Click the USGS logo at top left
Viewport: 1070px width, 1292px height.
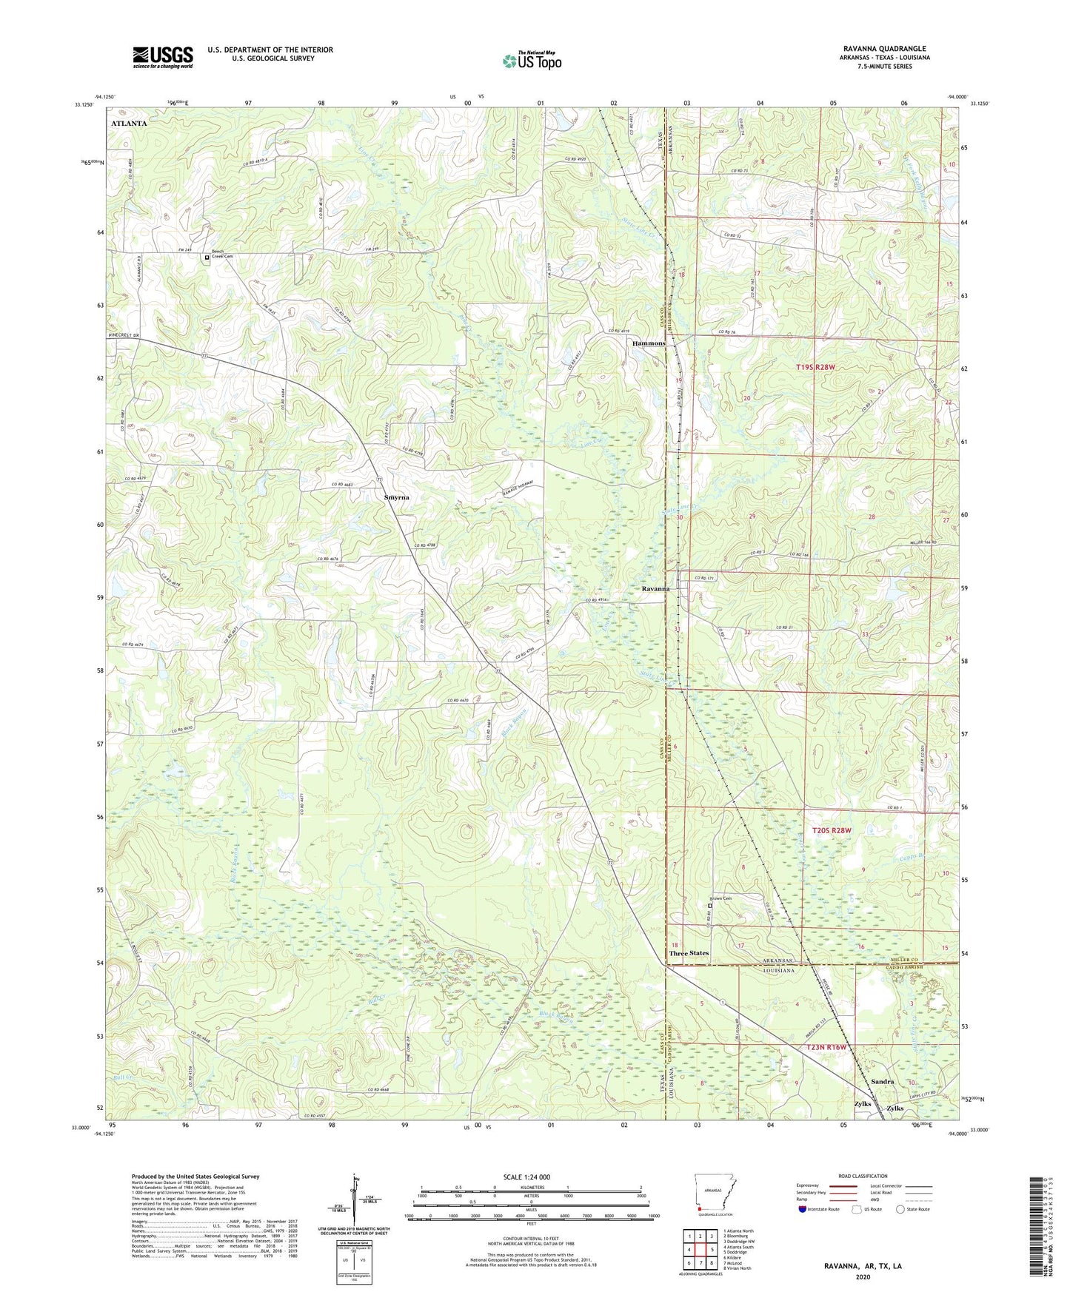pyautogui.click(x=163, y=57)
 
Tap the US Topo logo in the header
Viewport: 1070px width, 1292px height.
pyautogui.click(x=532, y=61)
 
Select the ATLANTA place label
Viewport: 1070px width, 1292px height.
pyautogui.click(x=129, y=124)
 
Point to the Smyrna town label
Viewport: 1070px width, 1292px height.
pyautogui.click(x=396, y=497)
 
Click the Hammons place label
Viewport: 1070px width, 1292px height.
pyautogui.click(x=648, y=343)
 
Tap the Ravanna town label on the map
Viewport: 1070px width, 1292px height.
pyautogui.click(x=655, y=589)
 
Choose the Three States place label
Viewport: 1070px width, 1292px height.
pyautogui.click(x=689, y=953)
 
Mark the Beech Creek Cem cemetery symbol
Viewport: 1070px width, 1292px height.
pyautogui.click(x=207, y=258)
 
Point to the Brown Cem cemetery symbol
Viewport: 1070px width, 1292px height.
pyautogui.click(x=710, y=905)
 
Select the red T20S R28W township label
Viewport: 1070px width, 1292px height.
pyautogui.click(x=832, y=831)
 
